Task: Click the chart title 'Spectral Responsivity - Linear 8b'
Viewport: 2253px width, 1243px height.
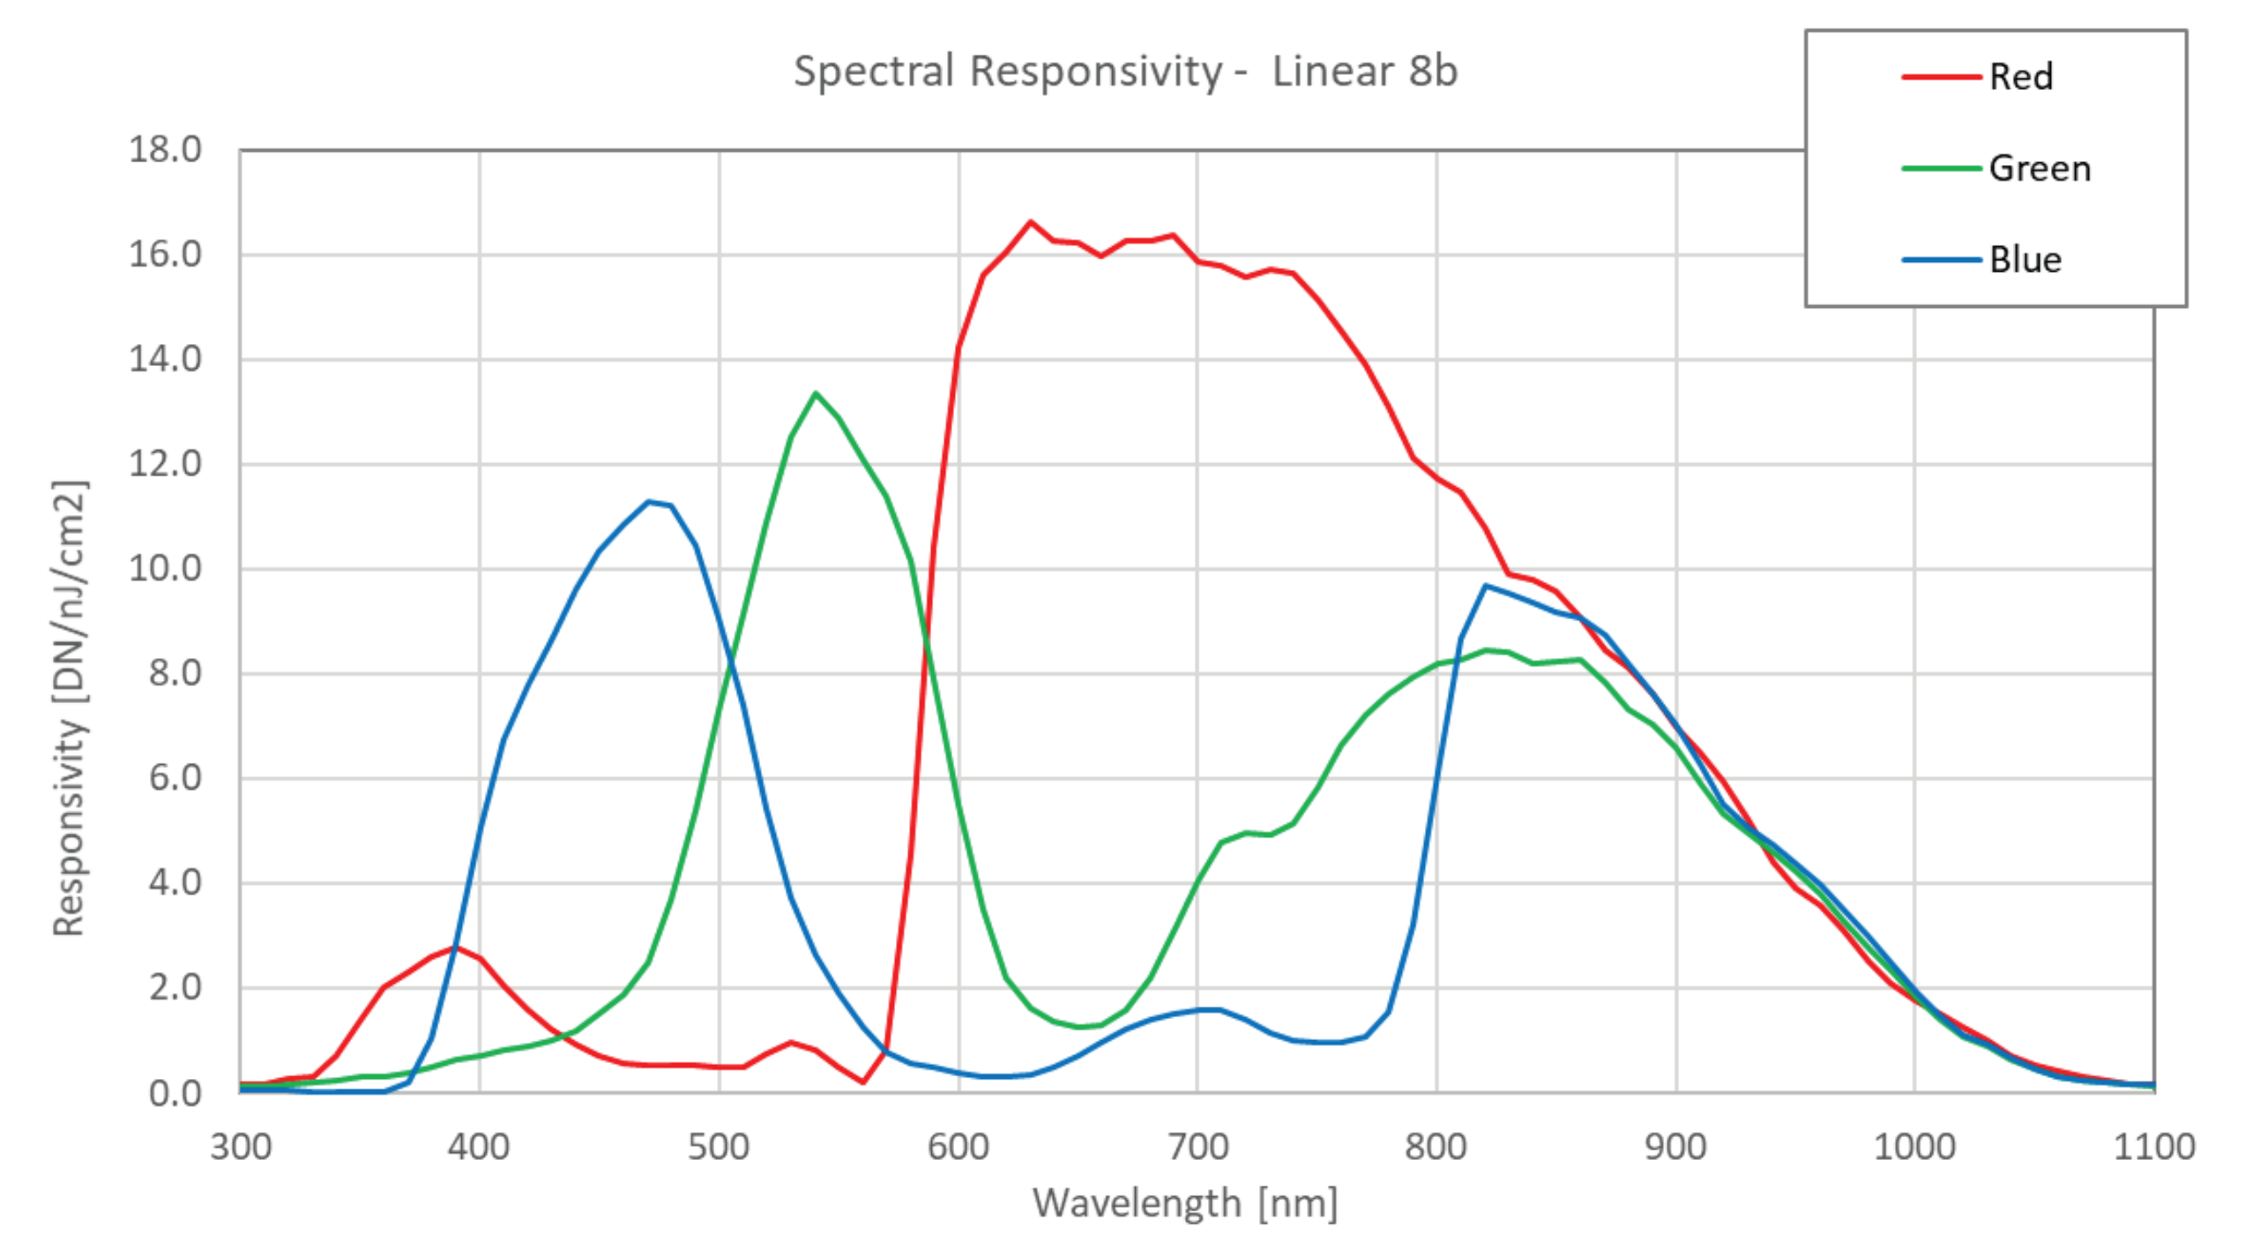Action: tap(1125, 71)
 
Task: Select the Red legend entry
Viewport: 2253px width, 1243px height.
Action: tap(2020, 78)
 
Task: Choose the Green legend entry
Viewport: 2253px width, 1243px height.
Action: tap(2039, 168)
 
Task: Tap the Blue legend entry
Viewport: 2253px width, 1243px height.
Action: tap(2025, 260)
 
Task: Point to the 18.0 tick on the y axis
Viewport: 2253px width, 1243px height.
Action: tap(165, 150)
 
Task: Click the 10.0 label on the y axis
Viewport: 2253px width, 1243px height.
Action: tap(165, 569)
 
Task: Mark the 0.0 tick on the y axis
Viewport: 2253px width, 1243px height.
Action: tap(175, 1094)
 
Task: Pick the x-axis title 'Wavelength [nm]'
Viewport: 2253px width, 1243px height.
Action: tap(1184, 1203)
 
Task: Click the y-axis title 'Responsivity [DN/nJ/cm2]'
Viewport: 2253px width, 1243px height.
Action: tap(69, 708)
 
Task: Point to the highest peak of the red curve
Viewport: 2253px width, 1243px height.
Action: tap(1030, 222)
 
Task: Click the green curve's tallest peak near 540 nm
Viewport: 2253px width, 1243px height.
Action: tap(816, 393)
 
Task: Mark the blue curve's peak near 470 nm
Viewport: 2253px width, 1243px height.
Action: tap(649, 502)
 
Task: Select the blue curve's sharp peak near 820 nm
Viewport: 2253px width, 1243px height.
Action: tap(1485, 586)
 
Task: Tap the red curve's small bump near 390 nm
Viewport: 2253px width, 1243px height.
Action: tap(455, 947)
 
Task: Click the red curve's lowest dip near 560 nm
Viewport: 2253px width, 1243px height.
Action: tap(862, 1082)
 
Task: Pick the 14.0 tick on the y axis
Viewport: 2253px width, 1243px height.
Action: tap(165, 360)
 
